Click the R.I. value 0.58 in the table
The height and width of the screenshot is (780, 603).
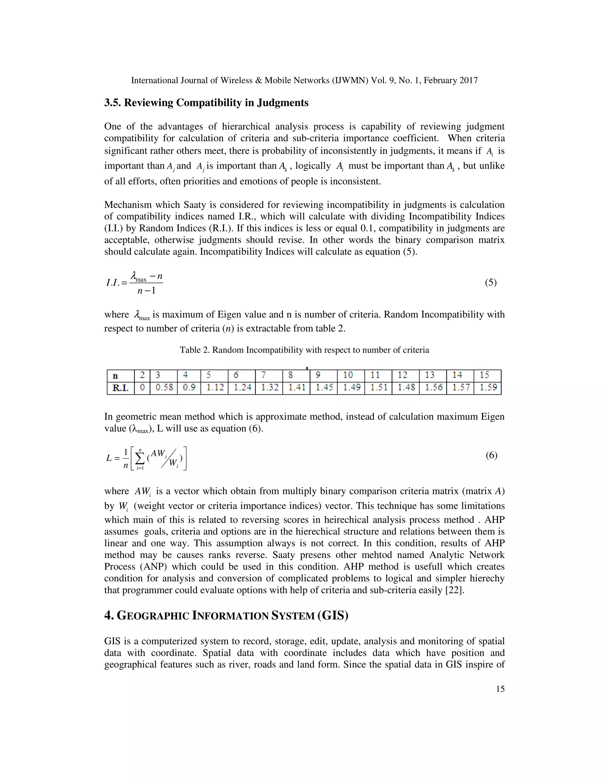tap(164, 388)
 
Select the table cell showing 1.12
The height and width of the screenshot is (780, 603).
tap(214, 388)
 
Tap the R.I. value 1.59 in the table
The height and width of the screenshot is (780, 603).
tap(488, 388)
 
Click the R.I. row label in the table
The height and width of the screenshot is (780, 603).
tap(120, 388)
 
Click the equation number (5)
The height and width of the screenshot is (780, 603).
tap(491, 283)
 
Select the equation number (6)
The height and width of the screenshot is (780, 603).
tap(491, 455)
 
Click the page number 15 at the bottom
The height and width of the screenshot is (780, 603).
tap(500, 689)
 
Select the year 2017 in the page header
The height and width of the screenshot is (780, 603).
tap(468, 80)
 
